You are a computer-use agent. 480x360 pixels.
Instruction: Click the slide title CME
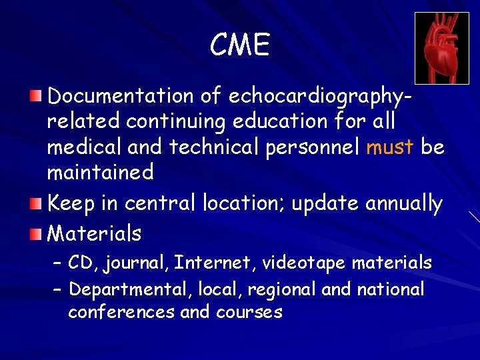(x=240, y=45)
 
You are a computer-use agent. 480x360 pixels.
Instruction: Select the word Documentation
(x=120, y=96)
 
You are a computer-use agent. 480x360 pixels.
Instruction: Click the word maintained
(x=100, y=173)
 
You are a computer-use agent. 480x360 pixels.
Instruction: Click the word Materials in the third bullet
(x=95, y=233)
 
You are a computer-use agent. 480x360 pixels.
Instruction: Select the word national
(x=391, y=289)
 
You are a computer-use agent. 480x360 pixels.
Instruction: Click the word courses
(x=249, y=311)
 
